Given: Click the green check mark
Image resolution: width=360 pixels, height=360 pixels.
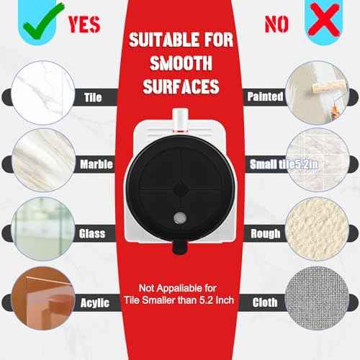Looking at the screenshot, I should coord(37,19).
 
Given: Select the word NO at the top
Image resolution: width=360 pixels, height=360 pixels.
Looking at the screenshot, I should coord(276,23).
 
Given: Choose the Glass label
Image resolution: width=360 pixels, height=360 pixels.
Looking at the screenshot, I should coord(91,233).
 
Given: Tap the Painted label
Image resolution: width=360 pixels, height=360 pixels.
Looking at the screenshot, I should coord(264,96).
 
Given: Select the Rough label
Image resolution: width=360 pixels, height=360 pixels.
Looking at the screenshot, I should coord(266,234).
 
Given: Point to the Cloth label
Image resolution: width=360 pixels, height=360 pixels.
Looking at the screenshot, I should coord(265,302).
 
